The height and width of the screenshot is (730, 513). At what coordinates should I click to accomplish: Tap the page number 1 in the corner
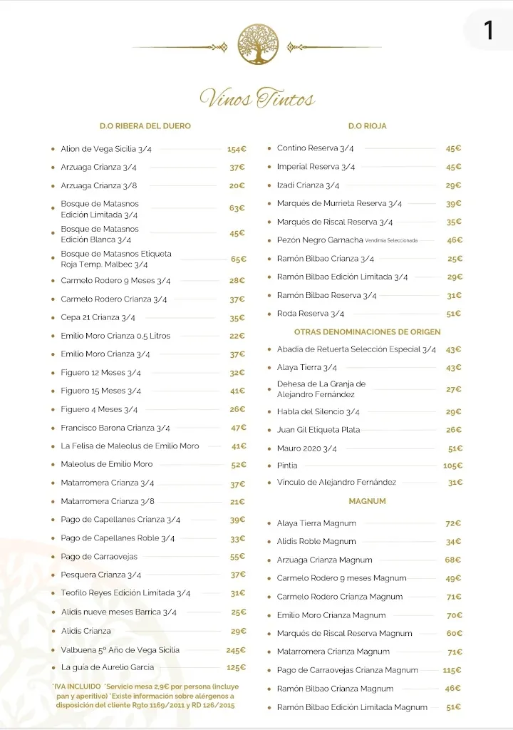(488, 30)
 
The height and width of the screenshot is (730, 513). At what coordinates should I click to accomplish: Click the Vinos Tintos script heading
(257, 98)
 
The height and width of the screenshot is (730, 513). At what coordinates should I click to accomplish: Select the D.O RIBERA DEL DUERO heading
(145, 126)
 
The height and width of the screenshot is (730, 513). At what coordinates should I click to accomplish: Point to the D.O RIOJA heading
(367, 126)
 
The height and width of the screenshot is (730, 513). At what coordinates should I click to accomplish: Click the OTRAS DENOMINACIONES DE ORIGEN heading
(367, 331)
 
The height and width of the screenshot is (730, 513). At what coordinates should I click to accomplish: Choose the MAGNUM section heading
(367, 501)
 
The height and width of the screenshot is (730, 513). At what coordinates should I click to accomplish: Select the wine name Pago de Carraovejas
(99, 557)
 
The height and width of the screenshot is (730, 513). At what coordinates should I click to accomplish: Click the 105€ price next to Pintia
(452, 466)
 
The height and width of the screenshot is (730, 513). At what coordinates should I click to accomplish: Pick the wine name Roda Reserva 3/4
(311, 314)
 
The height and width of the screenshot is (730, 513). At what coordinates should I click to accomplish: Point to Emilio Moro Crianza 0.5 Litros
(115, 336)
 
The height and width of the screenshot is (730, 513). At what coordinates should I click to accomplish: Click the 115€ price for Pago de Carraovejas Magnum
(452, 670)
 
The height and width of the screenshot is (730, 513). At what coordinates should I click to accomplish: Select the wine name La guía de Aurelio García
(107, 667)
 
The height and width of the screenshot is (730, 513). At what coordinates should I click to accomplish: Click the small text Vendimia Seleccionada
(391, 241)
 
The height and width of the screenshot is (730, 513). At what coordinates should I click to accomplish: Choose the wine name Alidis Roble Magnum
(316, 542)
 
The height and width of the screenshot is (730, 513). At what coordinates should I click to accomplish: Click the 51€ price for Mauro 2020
(455, 448)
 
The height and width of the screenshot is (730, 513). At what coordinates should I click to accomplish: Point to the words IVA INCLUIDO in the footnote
(77, 686)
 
